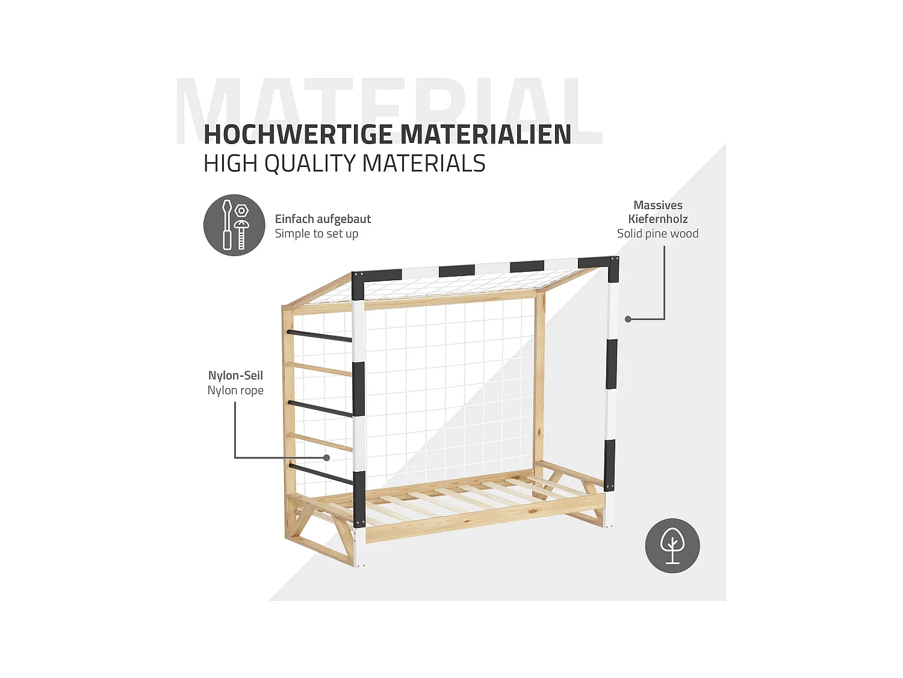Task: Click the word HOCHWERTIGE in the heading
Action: (297, 134)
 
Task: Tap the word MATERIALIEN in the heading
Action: (485, 134)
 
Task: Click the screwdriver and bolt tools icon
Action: (234, 225)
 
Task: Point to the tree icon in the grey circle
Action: (672, 545)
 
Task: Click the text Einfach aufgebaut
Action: (323, 219)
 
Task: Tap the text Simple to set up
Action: (317, 234)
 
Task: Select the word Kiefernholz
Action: (657, 219)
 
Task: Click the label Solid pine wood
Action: (657, 234)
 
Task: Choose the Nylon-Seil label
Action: (235, 375)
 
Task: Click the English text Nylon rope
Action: (235, 391)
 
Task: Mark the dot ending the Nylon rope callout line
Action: (326, 458)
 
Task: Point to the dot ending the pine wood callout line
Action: (628, 319)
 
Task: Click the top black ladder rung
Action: (319, 336)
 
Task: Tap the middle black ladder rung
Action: (320, 409)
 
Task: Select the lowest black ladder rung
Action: (320, 474)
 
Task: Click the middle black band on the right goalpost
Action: (611, 364)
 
